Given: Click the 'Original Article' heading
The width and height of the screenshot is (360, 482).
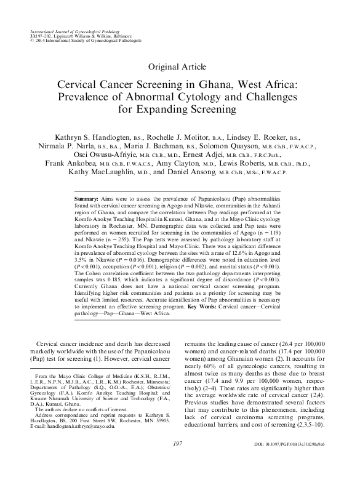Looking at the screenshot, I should coord(180,66).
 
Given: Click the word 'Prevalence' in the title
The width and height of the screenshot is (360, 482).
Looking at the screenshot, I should coord(97,98).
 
